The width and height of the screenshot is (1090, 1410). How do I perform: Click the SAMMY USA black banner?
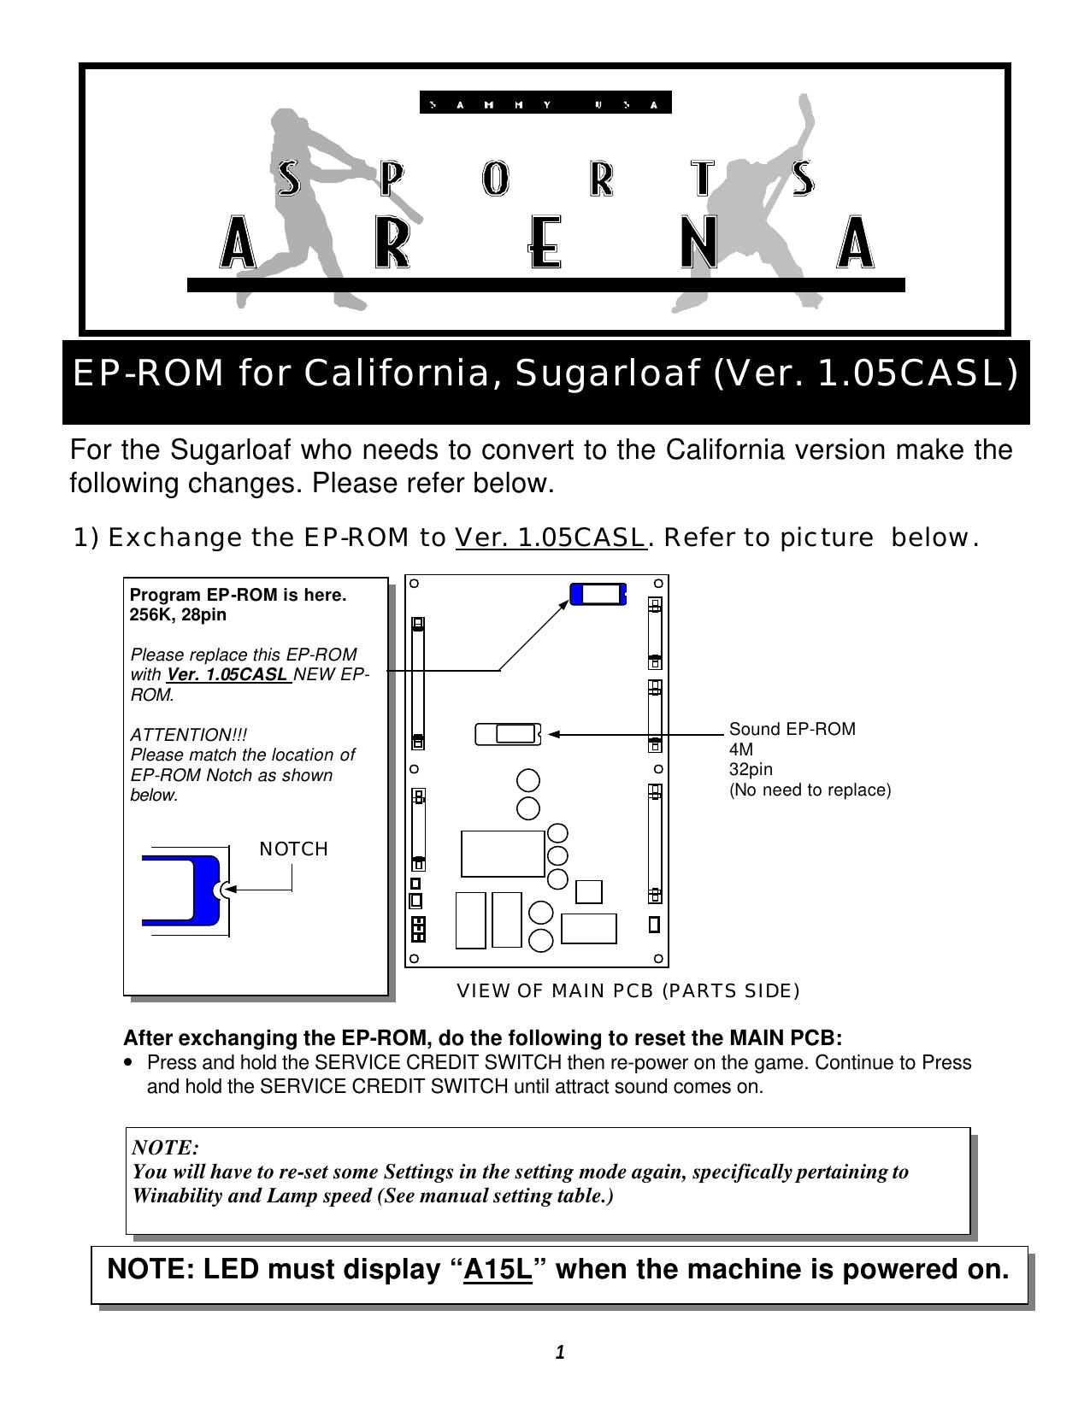coord(545,103)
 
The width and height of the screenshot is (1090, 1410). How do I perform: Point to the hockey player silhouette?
coord(752,214)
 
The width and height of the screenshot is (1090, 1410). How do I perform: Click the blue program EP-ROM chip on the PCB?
coord(598,594)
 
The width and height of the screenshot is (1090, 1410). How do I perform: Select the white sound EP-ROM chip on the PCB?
coord(508,733)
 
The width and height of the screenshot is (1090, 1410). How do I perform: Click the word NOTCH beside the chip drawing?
coord(293,849)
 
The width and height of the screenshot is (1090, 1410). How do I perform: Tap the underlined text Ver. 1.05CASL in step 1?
coord(551,538)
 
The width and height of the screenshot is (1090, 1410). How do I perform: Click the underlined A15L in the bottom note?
coord(498,1270)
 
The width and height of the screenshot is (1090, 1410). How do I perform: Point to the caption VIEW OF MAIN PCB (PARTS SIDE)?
coord(628,990)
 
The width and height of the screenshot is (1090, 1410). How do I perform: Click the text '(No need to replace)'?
coord(810,790)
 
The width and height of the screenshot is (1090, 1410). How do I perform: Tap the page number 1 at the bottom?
coord(560,1352)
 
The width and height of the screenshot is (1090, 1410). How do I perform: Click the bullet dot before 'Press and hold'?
coord(129,1063)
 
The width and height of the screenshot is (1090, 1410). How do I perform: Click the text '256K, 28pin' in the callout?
coord(178,614)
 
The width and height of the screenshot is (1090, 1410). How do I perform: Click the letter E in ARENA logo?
coord(544,242)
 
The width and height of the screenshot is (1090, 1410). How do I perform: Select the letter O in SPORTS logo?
coord(495,179)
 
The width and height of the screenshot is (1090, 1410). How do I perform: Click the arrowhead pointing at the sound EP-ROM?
coord(553,733)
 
